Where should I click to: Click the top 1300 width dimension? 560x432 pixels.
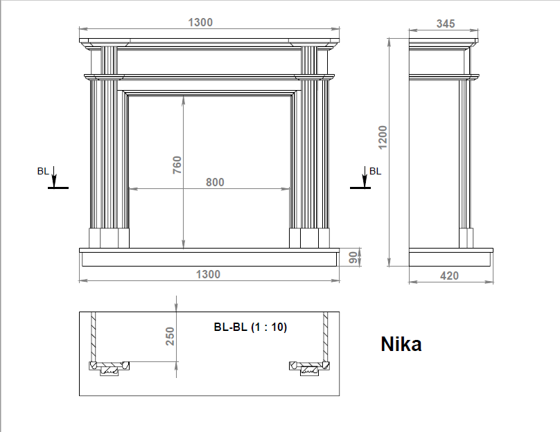coord(200,22)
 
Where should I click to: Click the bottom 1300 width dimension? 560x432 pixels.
coord(208,274)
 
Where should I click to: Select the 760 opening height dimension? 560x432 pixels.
coord(177,165)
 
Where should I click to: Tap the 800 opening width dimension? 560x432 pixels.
coord(215,182)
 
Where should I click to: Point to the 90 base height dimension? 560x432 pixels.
coord(353,258)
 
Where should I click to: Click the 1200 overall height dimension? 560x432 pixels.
coord(383,137)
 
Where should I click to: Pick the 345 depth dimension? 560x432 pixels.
coord(446,24)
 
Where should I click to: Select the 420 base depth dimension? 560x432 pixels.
coord(449,276)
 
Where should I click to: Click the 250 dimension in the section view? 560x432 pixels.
coord(170,336)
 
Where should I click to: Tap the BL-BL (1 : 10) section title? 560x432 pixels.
coord(250,327)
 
